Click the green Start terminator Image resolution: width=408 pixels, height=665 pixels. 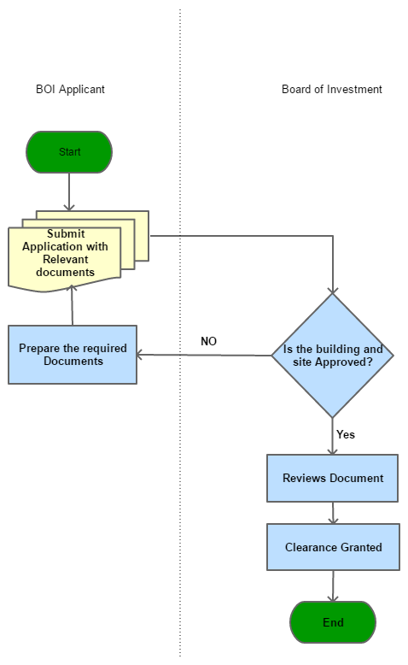click(x=69, y=152)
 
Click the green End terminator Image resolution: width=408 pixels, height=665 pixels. click(x=333, y=622)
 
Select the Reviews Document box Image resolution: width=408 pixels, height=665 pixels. click(x=333, y=478)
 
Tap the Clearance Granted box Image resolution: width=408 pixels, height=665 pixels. click(x=333, y=547)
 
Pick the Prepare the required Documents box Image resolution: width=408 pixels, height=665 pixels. click(x=73, y=355)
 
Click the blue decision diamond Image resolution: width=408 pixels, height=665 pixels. click(x=333, y=355)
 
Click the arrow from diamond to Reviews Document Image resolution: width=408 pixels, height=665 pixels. click(x=333, y=436)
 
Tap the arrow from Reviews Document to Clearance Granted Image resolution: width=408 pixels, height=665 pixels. click(x=333, y=513)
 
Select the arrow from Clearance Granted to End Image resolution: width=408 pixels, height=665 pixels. click(x=333, y=586)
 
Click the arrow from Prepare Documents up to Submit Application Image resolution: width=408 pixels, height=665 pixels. click(x=73, y=306)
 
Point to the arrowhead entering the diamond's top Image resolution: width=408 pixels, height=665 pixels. click(x=333, y=288)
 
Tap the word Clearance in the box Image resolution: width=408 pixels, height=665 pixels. click(x=310, y=547)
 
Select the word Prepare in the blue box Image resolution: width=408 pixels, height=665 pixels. click(x=39, y=349)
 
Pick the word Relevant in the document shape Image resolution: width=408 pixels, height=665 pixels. click(x=66, y=259)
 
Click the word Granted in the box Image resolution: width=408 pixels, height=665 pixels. click(x=361, y=547)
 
